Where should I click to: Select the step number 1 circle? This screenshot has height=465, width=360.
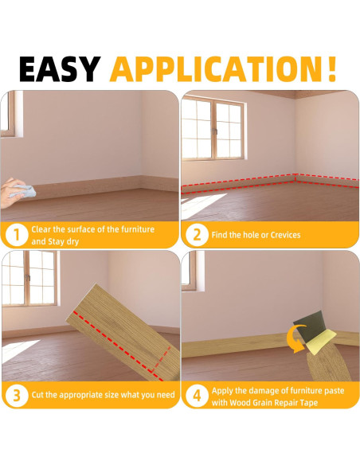17,235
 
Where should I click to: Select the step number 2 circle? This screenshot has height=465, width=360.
197,235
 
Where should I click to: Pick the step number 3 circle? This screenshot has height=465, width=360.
17,396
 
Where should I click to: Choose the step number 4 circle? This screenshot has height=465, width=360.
197,396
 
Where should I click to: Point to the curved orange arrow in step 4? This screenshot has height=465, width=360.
295,338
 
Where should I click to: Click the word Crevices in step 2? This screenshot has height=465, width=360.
286,235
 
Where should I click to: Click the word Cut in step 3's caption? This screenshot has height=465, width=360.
38,395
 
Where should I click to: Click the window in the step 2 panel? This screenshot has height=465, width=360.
214,130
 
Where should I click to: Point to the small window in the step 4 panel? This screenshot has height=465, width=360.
193,271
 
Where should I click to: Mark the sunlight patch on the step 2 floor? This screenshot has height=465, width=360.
202,205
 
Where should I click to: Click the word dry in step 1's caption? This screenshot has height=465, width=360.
72,242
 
